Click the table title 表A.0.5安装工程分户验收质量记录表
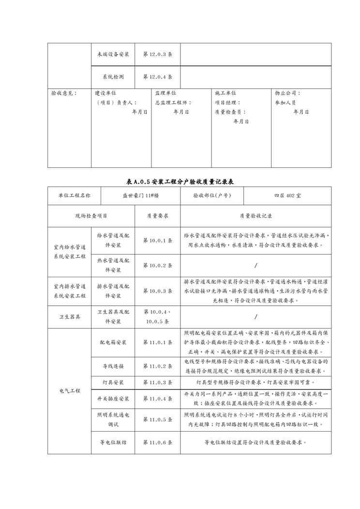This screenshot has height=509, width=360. [180, 181]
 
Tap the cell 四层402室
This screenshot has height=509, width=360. [287, 196]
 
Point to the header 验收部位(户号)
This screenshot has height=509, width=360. [211, 196]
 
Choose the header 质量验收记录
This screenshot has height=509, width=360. [255, 216]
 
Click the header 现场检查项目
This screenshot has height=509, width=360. [91, 216]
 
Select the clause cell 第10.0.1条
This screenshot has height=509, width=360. [158, 240]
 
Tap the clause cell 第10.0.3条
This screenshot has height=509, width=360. [158, 291]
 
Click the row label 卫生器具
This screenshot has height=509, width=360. [70, 316]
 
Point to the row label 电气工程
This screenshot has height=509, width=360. [70, 390]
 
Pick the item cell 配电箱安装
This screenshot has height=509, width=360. [113, 342]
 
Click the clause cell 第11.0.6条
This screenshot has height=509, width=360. [158, 442]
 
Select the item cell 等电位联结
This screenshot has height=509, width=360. [113, 442]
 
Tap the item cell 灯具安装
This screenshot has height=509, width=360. [113, 382]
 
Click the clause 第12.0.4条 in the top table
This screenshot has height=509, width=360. [158, 76]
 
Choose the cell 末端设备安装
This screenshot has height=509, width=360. [113, 55]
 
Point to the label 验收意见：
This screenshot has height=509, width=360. [64, 93]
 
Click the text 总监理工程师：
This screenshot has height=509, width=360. [173, 103]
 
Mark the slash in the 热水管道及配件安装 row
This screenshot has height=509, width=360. [255, 265]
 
